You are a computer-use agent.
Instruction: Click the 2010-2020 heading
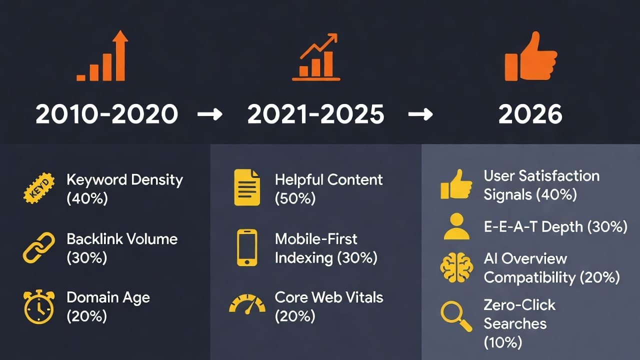point(106,115)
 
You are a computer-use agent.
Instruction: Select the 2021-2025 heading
point(316,115)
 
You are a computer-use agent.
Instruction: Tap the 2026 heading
point(530,115)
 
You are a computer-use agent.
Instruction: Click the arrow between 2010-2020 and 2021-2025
point(209,115)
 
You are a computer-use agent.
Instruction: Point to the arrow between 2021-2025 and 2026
point(420,115)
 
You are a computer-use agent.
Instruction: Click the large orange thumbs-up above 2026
point(530,57)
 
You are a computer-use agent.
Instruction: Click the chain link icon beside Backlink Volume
point(38,248)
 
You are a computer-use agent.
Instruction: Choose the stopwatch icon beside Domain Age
point(38,306)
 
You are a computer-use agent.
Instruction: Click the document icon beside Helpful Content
point(247,188)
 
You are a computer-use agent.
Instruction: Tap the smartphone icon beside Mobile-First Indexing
point(247,248)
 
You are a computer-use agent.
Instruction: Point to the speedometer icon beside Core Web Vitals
point(247,304)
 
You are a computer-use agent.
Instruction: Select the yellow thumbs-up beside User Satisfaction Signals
point(456,185)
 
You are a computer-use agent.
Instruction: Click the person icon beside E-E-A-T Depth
point(456,227)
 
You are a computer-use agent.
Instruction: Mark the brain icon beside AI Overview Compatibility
point(456,267)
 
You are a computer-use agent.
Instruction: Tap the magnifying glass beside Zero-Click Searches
point(456,316)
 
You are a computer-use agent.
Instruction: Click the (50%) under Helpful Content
point(295,198)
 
